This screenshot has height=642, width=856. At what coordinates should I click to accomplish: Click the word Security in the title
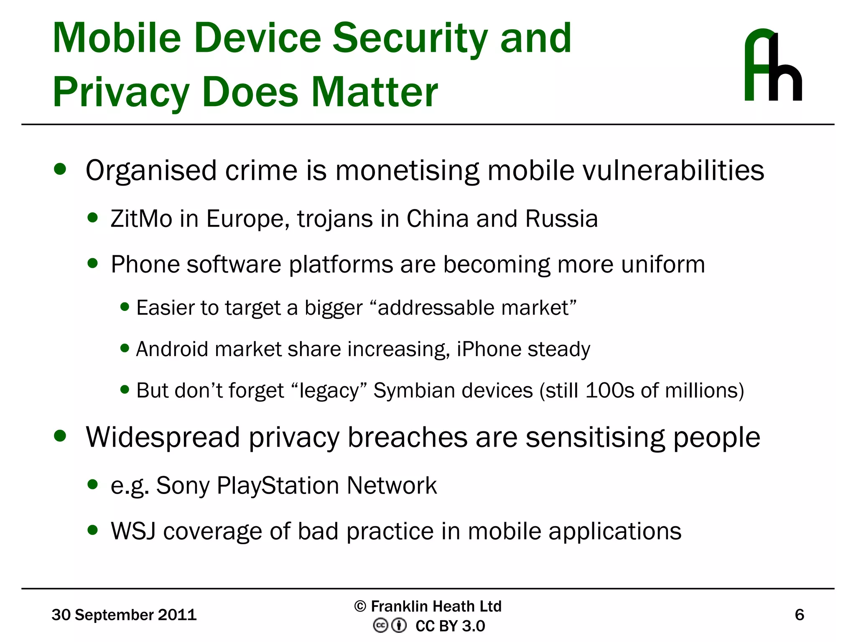point(410,38)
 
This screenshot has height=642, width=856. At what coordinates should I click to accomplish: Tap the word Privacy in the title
point(121,93)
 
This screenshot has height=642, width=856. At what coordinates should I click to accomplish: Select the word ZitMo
point(141,219)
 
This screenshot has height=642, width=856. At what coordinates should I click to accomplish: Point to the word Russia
point(561,219)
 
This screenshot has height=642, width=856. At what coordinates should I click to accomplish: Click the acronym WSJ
point(133,531)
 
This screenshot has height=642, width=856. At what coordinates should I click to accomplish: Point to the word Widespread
point(163,438)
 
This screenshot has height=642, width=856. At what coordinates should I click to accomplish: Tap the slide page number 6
point(799,615)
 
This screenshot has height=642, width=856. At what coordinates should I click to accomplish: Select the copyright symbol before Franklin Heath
point(360,606)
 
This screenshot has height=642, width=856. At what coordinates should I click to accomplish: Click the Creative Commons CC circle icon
point(380,626)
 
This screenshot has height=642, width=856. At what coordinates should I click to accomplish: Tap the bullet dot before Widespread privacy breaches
point(60,436)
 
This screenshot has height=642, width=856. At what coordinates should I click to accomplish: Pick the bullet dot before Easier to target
point(125,307)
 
